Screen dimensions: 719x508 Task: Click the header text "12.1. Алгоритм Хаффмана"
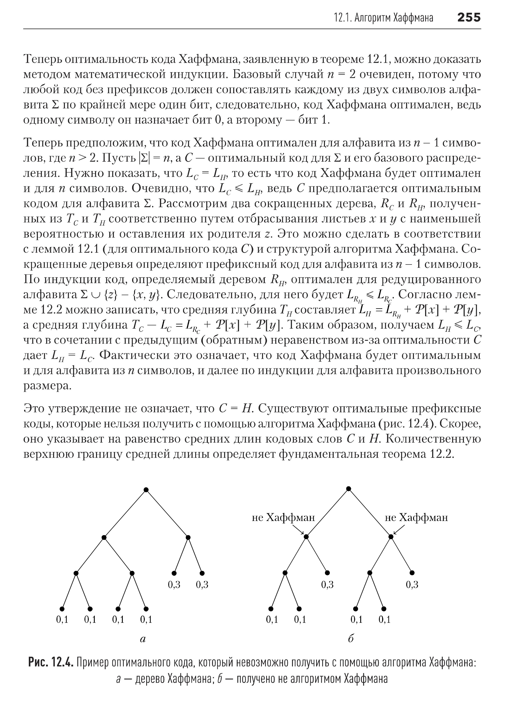pos(384,18)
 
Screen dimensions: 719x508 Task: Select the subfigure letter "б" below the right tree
pos(351,639)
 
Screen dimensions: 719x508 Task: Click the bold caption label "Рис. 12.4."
pos(51,663)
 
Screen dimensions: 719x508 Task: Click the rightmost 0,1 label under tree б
pos(385,619)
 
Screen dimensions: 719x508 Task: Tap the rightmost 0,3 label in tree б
pos(412,584)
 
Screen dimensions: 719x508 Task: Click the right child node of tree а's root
pos(188,537)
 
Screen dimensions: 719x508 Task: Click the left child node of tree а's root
pos(104,537)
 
